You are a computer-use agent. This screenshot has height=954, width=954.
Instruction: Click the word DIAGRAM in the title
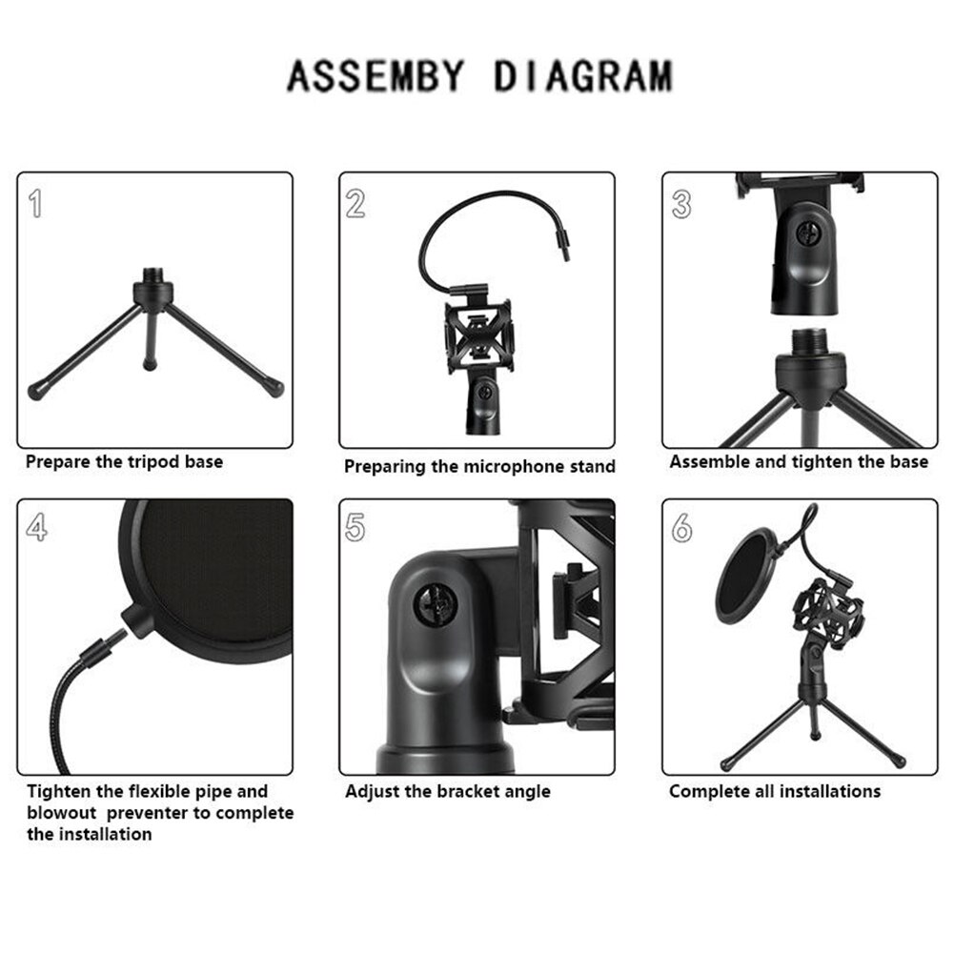point(582,75)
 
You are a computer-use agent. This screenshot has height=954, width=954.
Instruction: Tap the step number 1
point(36,203)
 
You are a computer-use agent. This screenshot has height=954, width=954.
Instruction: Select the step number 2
point(355,203)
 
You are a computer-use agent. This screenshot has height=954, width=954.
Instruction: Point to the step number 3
point(680,204)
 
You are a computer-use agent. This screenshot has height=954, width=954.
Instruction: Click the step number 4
point(36,527)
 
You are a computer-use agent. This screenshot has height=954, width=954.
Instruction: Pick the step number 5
point(355,527)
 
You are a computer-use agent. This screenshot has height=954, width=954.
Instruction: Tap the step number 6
point(681,527)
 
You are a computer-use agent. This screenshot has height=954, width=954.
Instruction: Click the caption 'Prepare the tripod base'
point(124,462)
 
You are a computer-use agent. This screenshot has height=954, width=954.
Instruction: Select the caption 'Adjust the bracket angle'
point(447,791)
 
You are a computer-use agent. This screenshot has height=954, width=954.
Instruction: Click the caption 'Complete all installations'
point(774,791)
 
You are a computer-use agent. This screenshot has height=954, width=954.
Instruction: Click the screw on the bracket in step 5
point(429,606)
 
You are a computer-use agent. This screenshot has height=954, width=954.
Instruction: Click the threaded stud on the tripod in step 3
point(810,340)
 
